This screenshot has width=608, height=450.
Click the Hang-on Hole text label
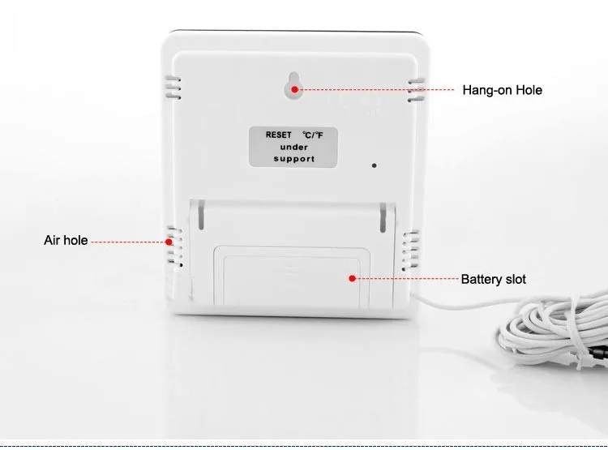click(x=502, y=90)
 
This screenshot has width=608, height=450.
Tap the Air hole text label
click(x=66, y=241)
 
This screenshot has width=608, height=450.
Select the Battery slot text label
click(x=493, y=280)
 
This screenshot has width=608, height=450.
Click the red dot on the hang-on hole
click(x=295, y=89)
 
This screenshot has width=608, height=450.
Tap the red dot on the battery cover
click(x=353, y=278)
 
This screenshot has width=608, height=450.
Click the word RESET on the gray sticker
click(x=278, y=135)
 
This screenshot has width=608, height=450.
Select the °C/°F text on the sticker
click(x=312, y=135)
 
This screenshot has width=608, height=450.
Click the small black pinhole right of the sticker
click(x=374, y=165)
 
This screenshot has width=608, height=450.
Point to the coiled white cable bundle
click(x=551, y=332)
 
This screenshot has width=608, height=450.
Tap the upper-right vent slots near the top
click(x=417, y=88)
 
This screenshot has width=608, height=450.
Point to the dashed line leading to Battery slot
click(x=405, y=279)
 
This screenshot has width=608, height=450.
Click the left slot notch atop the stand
click(x=200, y=217)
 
